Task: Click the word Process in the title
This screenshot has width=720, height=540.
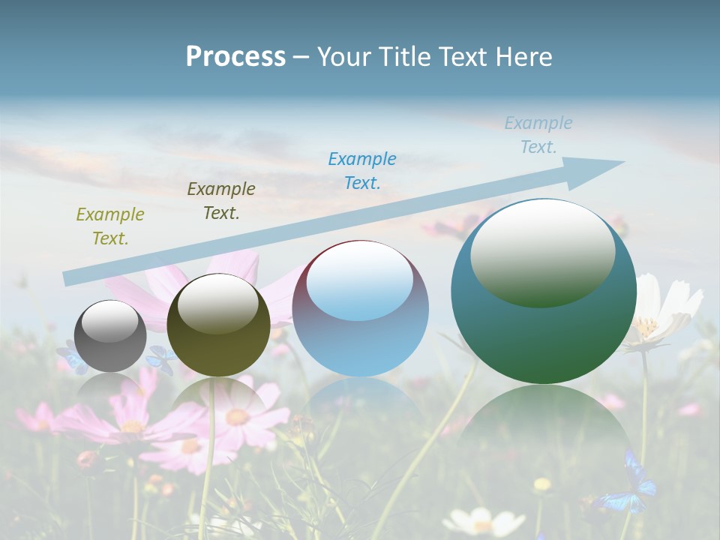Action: click(x=235, y=57)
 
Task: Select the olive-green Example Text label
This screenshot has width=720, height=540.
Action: click(x=109, y=226)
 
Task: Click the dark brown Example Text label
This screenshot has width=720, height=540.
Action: click(x=221, y=201)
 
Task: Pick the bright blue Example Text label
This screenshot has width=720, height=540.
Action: click(x=362, y=170)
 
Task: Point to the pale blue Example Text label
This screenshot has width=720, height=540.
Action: click(x=538, y=135)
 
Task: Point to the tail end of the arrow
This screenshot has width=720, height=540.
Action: click(x=69, y=278)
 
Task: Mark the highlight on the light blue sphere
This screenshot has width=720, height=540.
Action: click(x=360, y=282)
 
